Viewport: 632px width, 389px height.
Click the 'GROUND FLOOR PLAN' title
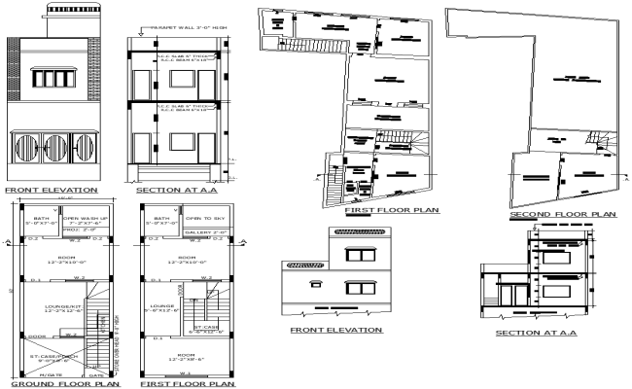click(52, 384)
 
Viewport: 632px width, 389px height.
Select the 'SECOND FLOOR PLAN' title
click(562, 214)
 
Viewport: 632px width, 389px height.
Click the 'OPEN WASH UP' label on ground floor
click(86, 221)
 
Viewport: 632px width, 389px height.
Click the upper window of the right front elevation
click(361, 255)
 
